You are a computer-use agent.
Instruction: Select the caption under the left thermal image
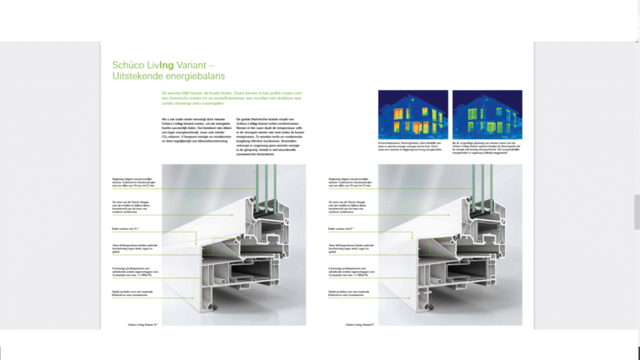tap(412, 149)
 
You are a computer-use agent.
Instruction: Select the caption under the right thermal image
tap(485, 149)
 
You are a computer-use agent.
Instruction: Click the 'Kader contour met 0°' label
tap(342, 227)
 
